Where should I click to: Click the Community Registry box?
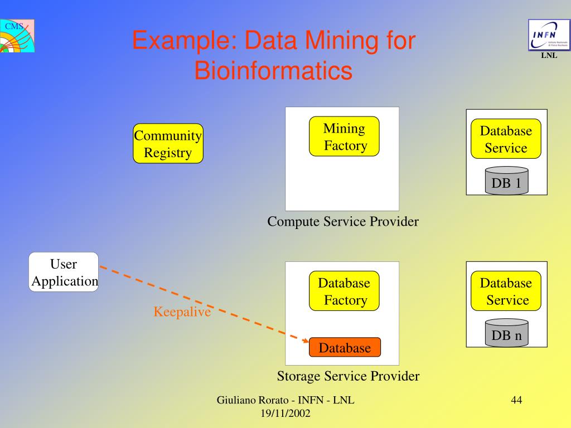click(x=168, y=144)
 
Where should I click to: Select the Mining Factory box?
click(x=344, y=137)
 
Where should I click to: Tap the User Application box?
click(x=64, y=272)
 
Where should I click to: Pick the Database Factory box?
click(x=344, y=291)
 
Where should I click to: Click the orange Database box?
click(x=345, y=348)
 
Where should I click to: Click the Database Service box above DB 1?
click(x=506, y=139)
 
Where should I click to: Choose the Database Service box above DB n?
click(x=506, y=291)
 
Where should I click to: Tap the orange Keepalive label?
click(x=182, y=312)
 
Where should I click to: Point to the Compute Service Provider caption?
click(x=343, y=222)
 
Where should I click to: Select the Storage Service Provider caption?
click(x=348, y=377)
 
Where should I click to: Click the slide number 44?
click(x=516, y=400)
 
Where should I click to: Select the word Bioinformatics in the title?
click(x=273, y=71)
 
